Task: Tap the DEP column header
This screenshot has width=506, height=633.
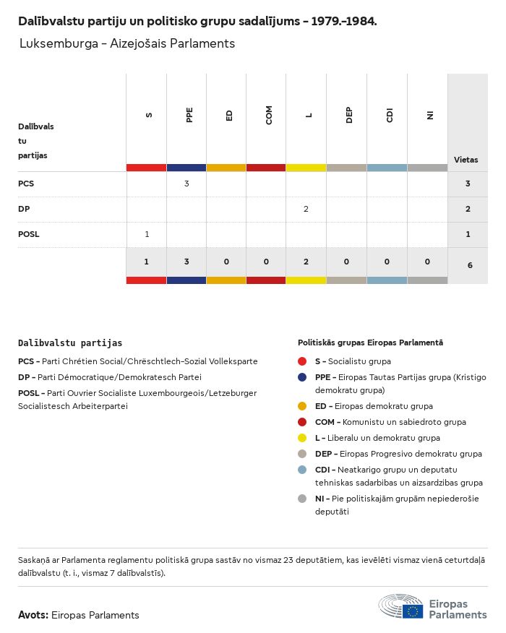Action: (349, 116)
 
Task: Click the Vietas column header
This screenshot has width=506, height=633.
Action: (466, 160)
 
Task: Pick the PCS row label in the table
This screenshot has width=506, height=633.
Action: (26, 184)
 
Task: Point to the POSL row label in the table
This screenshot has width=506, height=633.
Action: (28, 234)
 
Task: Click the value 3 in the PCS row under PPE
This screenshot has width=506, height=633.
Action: (186, 184)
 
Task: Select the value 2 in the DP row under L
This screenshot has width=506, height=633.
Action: (306, 209)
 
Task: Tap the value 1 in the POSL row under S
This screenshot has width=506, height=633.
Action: (147, 234)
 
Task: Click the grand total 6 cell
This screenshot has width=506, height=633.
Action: (470, 265)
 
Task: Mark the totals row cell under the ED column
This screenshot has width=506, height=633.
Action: (226, 262)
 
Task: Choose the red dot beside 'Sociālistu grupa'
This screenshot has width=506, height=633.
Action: (303, 361)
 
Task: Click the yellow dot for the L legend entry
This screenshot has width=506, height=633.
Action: (303, 437)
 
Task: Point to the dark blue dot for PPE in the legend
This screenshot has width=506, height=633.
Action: (303, 377)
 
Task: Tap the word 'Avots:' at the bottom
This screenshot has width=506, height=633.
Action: (33, 615)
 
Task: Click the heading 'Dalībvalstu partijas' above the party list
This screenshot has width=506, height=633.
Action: (70, 343)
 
